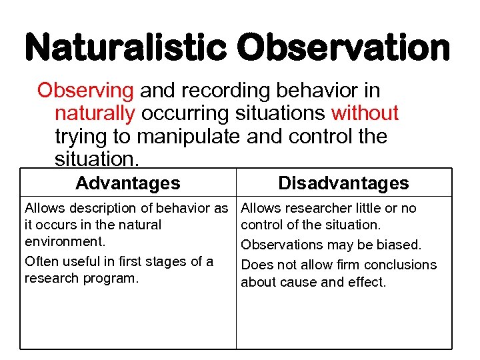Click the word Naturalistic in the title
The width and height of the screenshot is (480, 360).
tap(126, 48)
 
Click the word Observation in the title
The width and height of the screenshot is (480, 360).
tap(343, 48)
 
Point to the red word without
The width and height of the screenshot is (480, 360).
tap(364, 114)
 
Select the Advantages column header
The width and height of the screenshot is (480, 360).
tap(127, 183)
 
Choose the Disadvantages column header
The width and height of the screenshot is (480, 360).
tap(343, 183)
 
